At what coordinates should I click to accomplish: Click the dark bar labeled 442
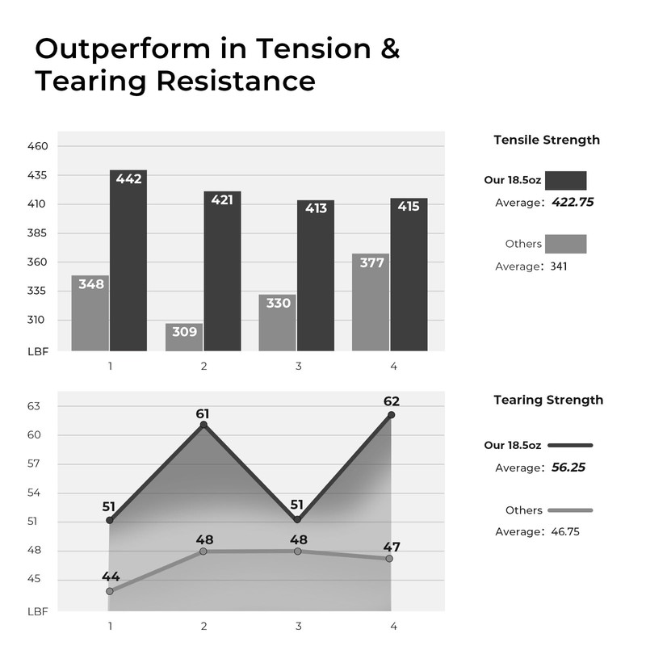[128, 262]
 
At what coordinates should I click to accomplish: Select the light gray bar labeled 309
[184, 338]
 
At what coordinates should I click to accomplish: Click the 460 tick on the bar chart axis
[38, 146]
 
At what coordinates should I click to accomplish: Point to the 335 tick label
[38, 291]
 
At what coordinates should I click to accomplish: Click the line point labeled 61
[203, 425]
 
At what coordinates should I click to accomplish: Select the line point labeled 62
[392, 415]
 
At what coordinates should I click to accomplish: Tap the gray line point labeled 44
[110, 591]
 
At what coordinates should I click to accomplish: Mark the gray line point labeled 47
[390, 558]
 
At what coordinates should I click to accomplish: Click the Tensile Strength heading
[547, 140]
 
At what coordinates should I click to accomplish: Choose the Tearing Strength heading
[548, 400]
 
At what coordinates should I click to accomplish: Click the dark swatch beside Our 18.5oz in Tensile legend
[565, 180]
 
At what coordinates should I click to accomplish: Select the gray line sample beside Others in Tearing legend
[570, 510]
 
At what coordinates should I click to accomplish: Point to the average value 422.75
[573, 203]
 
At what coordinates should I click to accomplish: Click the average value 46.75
[564, 532]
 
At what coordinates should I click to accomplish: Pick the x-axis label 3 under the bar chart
[299, 367]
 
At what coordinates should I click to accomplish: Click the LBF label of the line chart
[37, 611]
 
